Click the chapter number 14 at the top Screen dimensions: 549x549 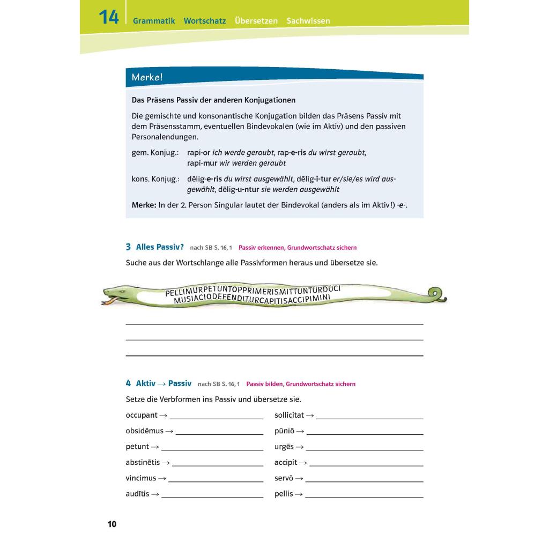(108, 17)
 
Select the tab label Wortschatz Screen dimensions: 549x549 (205, 21)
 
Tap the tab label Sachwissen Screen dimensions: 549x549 (308, 21)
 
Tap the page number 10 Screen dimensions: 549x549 (112, 524)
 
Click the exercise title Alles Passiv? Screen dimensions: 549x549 (160, 247)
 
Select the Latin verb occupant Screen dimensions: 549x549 (142, 415)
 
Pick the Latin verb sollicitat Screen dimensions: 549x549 (289, 415)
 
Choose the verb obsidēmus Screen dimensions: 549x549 (145, 431)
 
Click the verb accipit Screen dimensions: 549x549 (286, 463)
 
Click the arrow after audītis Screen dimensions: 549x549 (155, 494)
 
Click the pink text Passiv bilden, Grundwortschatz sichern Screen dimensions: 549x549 (301, 384)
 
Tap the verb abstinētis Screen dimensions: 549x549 (143, 463)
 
